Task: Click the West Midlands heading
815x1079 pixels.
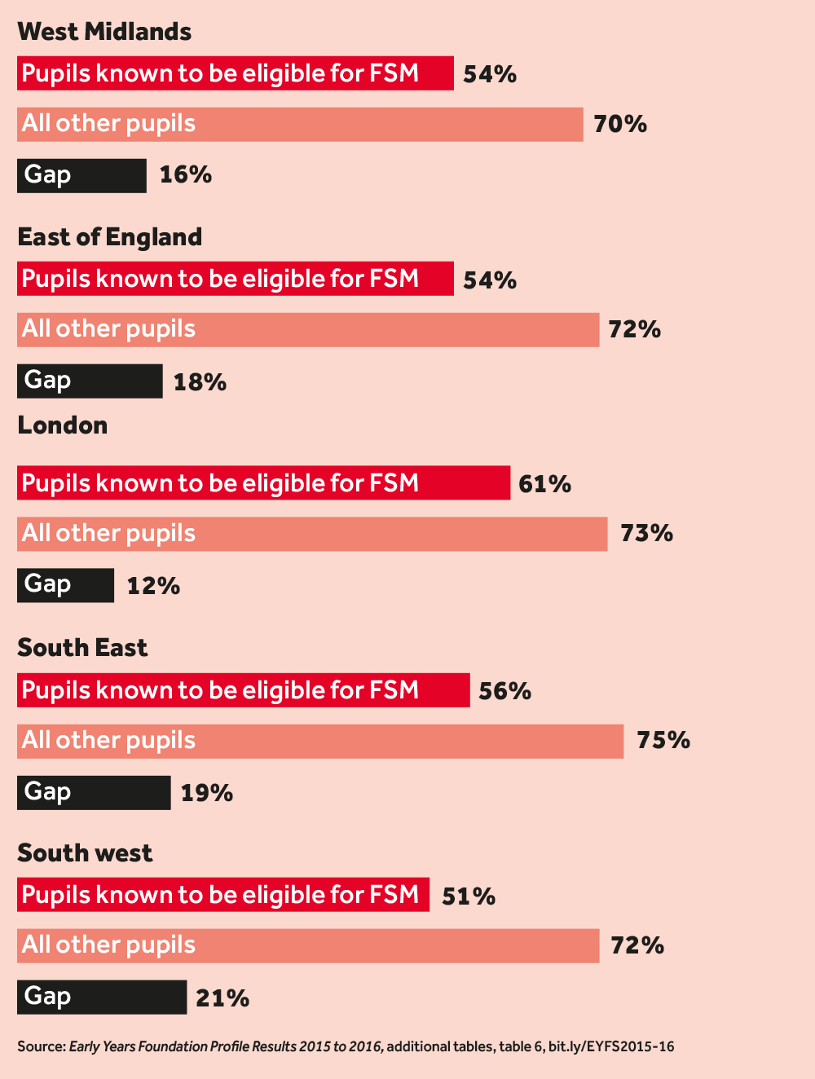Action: [x=104, y=32]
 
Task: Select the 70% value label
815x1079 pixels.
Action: [x=620, y=124]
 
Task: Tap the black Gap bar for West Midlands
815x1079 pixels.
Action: [x=81, y=175]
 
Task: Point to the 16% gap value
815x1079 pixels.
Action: [x=186, y=174]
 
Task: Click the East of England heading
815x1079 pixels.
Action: [x=110, y=237]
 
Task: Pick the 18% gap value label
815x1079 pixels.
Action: [x=200, y=382]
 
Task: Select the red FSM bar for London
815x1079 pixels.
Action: [x=263, y=483]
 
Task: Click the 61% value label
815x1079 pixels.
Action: [x=545, y=484]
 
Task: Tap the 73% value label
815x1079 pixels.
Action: [x=646, y=533]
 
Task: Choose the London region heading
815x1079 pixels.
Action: [x=63, y=425]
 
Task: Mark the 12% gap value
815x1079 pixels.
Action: [x=153, y=586]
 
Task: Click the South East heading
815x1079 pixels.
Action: [x=82, y=648]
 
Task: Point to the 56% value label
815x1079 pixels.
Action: [x=505, y=691]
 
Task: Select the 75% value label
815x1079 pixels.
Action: [x=663, y=740]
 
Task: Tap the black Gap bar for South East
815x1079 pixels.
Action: [x=94, y=792]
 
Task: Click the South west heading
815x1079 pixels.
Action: [x=85, y=853]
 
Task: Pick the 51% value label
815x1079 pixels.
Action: [x=469, y=896]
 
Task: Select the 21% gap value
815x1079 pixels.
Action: [x=222, y=998]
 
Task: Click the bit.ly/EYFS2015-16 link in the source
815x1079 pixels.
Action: [x=611, y=1046]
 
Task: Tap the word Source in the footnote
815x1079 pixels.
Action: [x=40, y=1046]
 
